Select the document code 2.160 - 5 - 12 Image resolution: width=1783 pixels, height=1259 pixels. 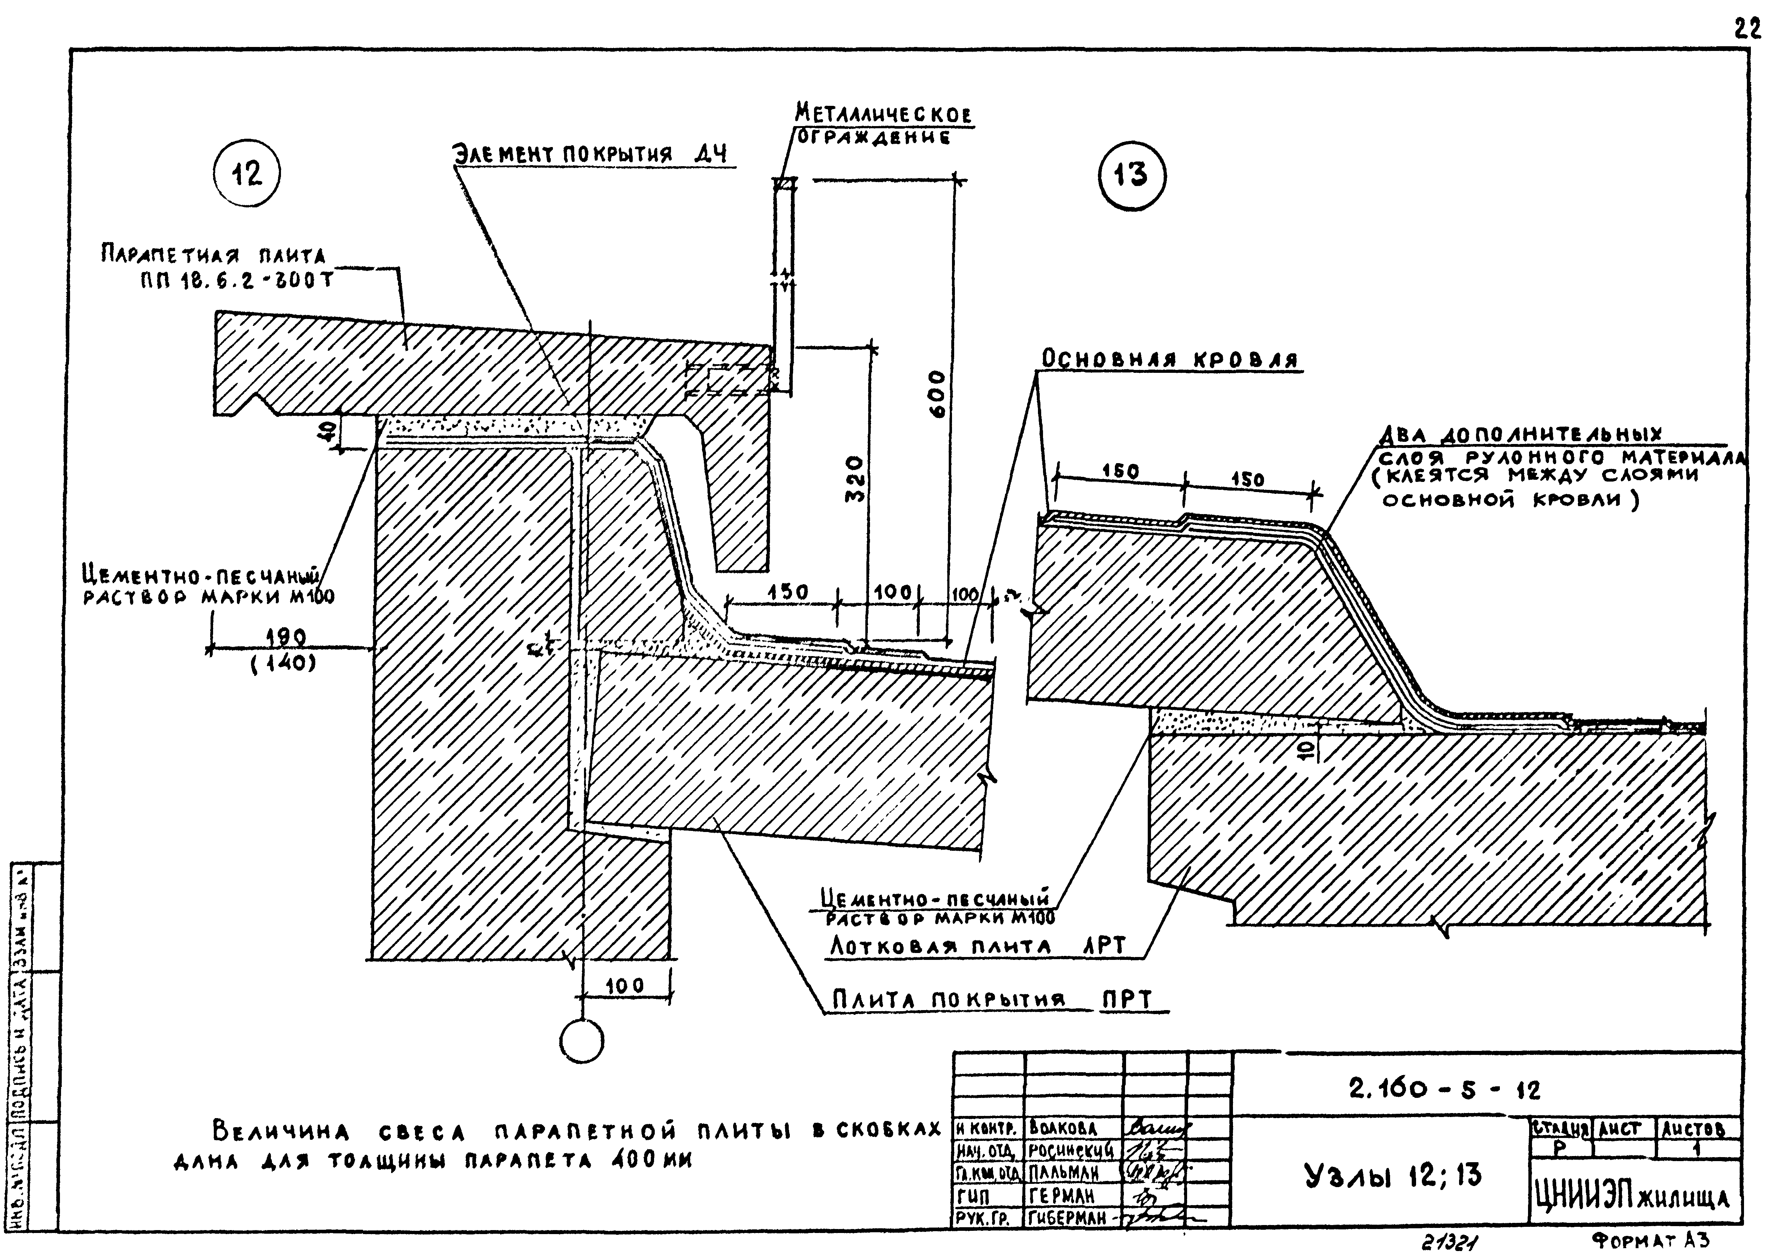coord(1444,1090)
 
